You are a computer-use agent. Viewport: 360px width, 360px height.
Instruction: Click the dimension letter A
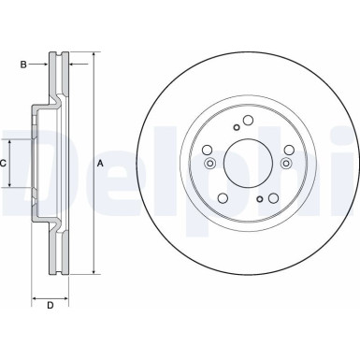[100, 164]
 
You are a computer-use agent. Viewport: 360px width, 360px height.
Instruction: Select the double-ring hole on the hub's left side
[209, 164]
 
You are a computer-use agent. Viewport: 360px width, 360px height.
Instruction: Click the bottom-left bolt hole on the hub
[224, 199]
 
